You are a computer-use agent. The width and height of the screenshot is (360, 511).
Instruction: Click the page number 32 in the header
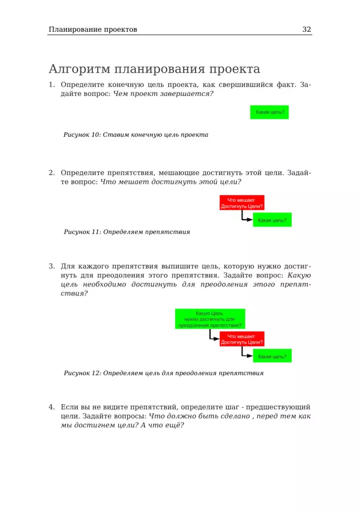click(x=307, y=29)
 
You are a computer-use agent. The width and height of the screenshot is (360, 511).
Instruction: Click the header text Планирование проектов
click(x=93, y=29)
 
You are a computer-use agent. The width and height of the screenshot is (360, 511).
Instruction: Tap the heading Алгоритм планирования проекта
click(x=154, y=68)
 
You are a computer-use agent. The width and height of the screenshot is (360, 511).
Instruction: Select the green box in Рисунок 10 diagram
click(x=269, y=112)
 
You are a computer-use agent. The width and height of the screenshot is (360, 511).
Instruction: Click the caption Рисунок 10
click(x=136, y=135)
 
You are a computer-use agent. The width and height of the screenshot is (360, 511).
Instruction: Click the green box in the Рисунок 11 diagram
click(x=272, y=220)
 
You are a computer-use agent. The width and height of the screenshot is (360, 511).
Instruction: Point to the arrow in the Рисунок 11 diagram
click(x=245, y=217)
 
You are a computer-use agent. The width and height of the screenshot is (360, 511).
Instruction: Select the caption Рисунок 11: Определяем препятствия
click(x=127, y=231)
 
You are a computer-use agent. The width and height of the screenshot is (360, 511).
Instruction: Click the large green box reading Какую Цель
click(x=209, y=319)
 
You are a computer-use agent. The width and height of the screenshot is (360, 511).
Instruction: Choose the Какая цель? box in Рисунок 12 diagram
click(x=272, y=357)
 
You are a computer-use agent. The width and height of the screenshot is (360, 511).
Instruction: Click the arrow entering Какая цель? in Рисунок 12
click(x=245, y=354)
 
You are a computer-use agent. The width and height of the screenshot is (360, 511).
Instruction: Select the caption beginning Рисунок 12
click(x=163, y=373)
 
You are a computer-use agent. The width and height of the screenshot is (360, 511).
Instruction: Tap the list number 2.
click(x=52, y=172)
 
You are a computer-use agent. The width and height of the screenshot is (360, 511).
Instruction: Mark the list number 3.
click(x=52, y=265)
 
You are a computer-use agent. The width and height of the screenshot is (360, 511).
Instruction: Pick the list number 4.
click(x=52, y=407)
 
